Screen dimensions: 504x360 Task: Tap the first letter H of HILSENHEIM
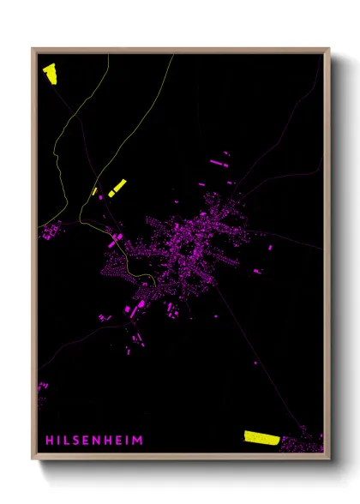pyautogui.click(x=48, y=441)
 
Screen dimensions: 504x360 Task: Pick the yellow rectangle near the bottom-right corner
pyautogui.click(x=261, y=437)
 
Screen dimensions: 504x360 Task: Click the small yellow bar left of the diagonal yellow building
pyautogui.click(x=94, y=191)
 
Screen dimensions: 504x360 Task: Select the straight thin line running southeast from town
pyautogui.click(x=257, y=343)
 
